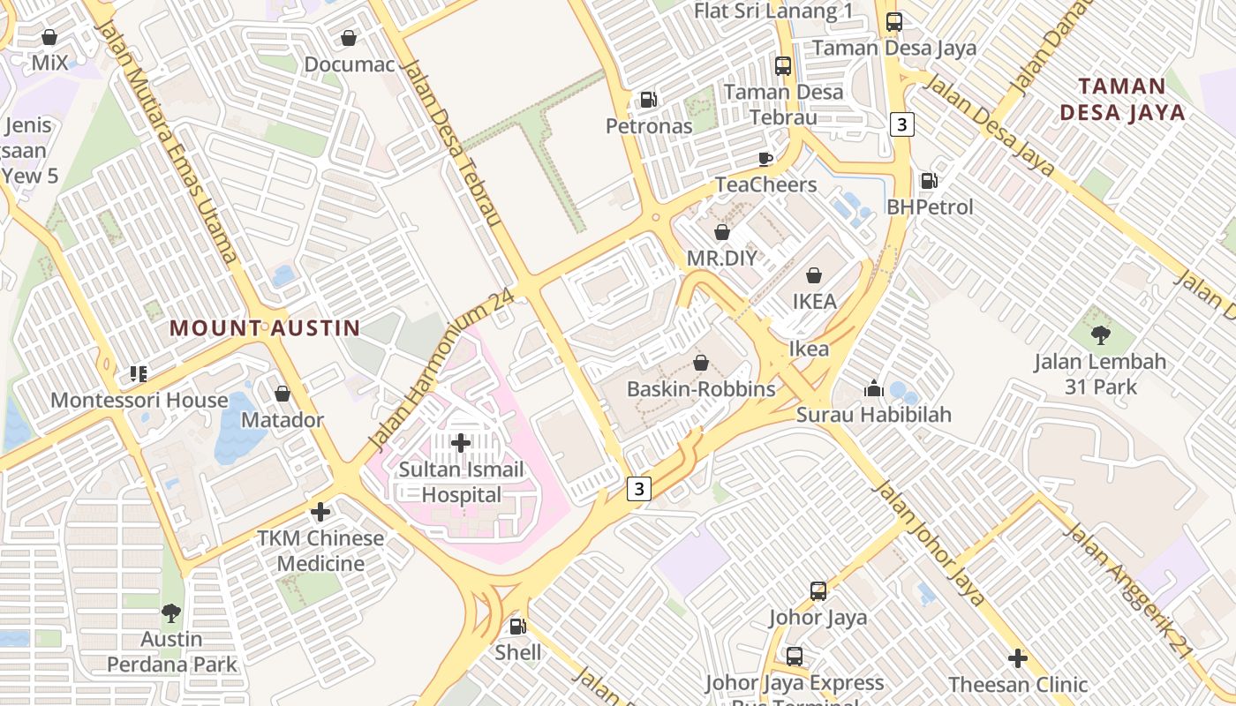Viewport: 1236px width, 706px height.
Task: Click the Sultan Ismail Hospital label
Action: coord(461,482)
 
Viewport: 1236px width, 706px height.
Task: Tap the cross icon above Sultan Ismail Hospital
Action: coord(460,443)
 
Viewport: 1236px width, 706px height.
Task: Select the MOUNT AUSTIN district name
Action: coord(265,328)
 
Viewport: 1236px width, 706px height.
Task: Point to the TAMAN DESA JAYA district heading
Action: coord(1122,100)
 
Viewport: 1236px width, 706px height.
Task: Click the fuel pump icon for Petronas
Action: coord(649,100)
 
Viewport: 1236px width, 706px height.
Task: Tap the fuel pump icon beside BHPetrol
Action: coord(929,181)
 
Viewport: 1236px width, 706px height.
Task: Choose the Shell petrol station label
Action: coord(518,653)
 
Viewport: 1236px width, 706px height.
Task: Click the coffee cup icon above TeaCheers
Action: coord(765,159)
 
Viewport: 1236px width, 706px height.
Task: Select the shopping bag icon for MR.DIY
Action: coord(721,232)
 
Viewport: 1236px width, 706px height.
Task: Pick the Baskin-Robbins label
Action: coord(701,389)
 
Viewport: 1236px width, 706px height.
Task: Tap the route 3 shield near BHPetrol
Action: coord(901,124)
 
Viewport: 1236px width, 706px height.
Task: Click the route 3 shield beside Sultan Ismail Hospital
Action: coord(640,489)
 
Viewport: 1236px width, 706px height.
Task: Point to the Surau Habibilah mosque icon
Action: coord(873,388)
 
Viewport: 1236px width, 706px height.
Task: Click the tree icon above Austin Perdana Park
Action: coord(171,612)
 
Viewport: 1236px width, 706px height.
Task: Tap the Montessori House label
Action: coord(139,401)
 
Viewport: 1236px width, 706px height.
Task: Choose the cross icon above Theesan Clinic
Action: coord(1017,658)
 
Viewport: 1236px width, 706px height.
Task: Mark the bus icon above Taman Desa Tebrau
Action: coord(782,66)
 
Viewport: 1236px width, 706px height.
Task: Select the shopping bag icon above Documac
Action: coord(349,39)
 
